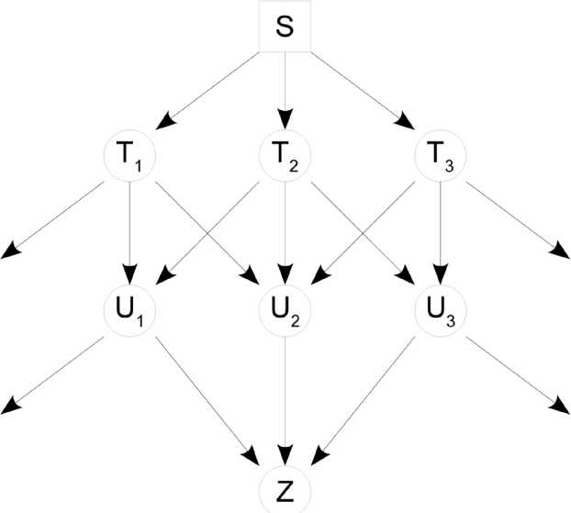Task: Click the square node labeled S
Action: coord(285,30)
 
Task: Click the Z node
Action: coord(285,485)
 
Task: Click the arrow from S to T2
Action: coord(285,93)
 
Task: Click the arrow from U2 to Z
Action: coord(285,395)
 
